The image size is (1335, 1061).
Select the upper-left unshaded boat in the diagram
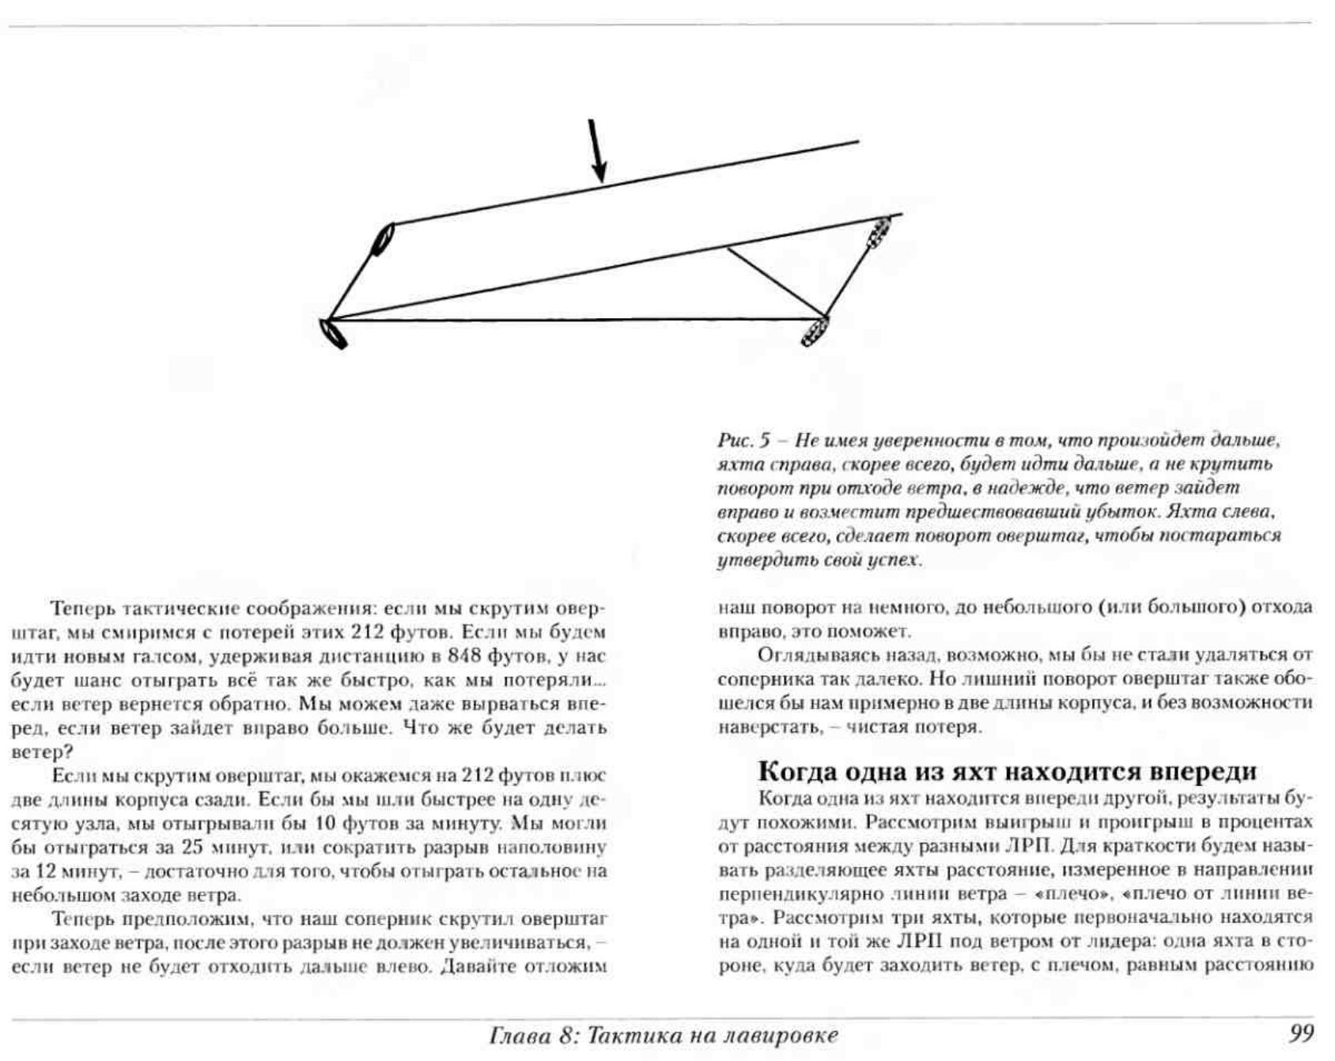[383, 239]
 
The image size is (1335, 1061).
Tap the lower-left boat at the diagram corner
[333, 332]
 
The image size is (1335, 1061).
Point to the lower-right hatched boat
[815, 331]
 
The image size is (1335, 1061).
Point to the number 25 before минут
[193, 847]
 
